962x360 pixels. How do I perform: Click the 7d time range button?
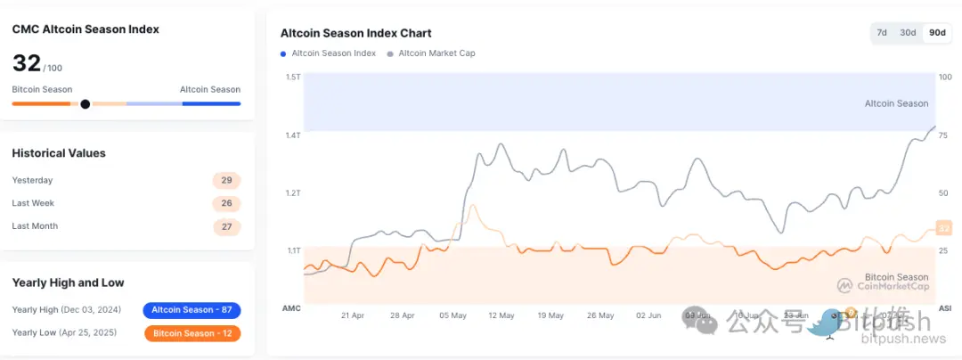click(x=882, y=33)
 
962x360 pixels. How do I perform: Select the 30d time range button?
click(x=908, y=33)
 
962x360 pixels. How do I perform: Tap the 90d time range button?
click(x=937, y=33)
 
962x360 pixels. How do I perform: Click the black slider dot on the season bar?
click(x=86, y=104)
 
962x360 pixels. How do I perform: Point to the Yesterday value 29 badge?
click(x=226, y=180)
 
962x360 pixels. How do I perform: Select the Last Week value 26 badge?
click(x=226, y=203)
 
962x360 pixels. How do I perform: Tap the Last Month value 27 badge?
click(x=226, y=226)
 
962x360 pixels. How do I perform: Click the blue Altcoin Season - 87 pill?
click(x=192, y=310)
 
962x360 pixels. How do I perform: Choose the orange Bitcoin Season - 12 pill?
click(x=192, y=333)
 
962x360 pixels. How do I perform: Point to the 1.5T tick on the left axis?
click(x=293, y=78)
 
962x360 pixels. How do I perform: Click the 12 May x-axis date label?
click(x=501, y=315)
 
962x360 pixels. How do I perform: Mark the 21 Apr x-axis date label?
click(x=354, y=315)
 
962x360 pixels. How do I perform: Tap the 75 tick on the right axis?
click(x=944, y=135)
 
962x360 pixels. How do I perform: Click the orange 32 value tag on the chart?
click(x=944, y=228)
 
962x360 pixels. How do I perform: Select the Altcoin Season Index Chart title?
click(x=356, y=33)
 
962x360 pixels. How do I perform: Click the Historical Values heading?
click(x=59, y=153)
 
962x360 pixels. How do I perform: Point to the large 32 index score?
click(x=27, y=63)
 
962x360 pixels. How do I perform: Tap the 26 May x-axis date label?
click(x=600, y=315)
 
